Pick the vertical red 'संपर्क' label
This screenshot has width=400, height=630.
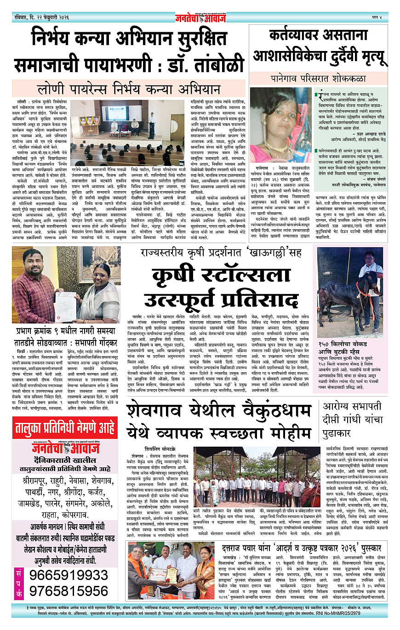[x=19, y=583]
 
